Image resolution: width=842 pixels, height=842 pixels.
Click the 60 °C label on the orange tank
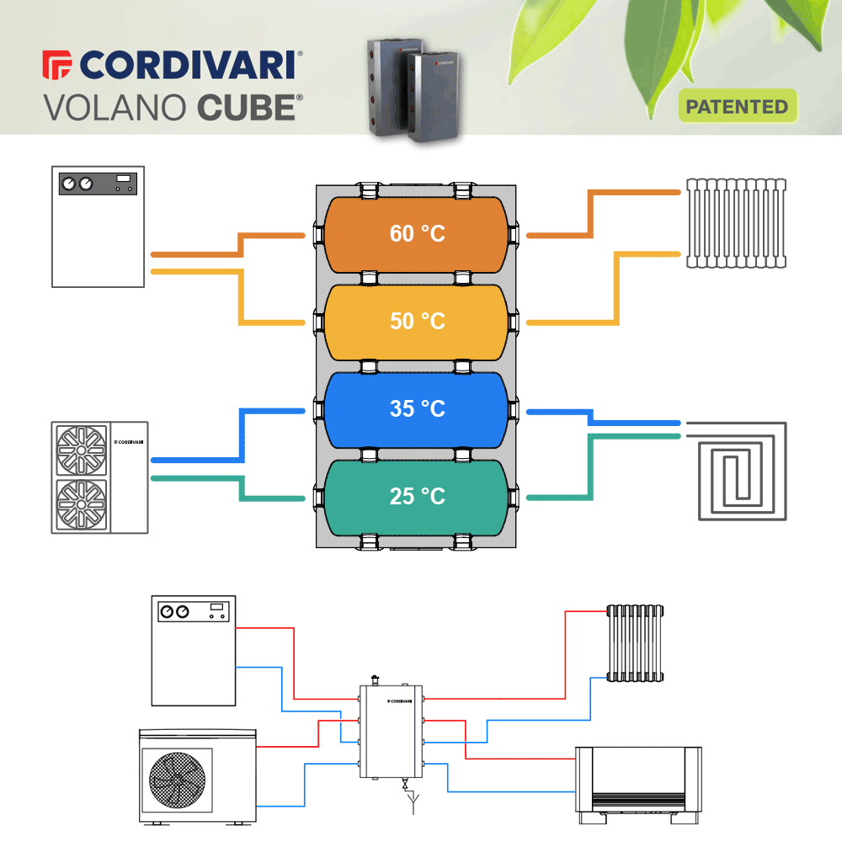tap(418, 233)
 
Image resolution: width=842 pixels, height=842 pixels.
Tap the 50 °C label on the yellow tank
tap(418, 321)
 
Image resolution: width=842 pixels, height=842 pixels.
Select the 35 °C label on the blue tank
tap(418, 408)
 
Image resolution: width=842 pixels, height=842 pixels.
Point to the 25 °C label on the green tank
tap(418, 496)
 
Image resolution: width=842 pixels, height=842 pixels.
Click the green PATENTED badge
tap(738, 106)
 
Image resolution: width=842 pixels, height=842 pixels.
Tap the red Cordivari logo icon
tap(56, 65)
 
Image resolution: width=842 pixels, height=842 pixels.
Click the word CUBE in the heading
tap(247, 108)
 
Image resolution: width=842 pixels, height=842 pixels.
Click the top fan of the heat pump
tap(81, 450)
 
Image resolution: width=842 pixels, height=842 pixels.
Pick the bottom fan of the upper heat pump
tap(81, 504)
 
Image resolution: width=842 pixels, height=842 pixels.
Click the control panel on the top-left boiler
tap(98, 184)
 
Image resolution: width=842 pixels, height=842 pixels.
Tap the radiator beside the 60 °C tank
tap(736, 223)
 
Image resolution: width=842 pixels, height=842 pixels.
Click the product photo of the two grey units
tap(413, 90)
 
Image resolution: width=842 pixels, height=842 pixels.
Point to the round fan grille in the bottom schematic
tap(177, 780)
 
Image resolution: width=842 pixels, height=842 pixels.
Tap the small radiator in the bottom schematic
tap(635, 643)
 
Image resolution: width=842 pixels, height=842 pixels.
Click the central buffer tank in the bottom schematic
tap(391, 732)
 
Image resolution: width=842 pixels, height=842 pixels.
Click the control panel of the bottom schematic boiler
tap(194, 611)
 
